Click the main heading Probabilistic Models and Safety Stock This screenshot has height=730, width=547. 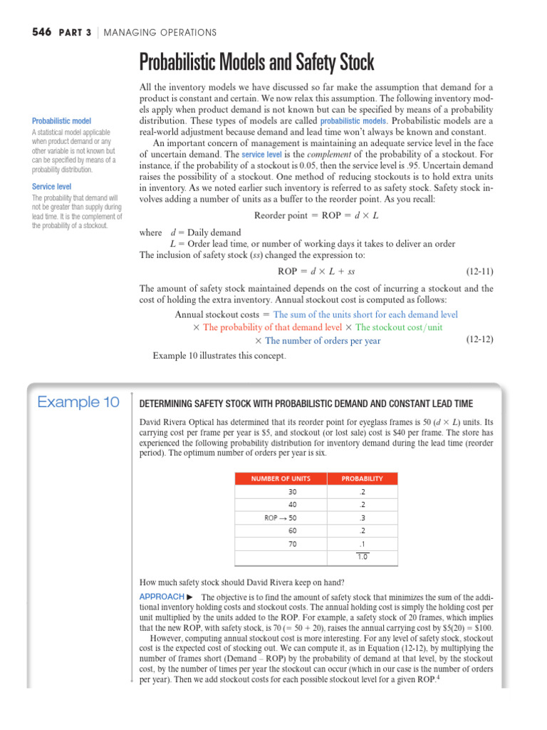[x=256, y=63]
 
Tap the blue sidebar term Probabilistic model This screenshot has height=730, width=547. [x=61, y=121]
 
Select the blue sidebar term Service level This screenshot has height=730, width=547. [x=51, y=187]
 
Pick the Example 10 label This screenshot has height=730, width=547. [x=78, y=403]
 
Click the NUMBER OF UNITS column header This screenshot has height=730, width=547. [x=280, y=478]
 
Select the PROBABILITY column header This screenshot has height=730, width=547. [x=362, y=478]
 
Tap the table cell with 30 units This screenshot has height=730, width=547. [x=292, y=492]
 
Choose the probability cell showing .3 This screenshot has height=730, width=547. [x=362, y=518]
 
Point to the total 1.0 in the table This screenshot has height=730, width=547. [x=362, y=557]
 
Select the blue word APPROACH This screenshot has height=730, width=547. [x=162, y=596]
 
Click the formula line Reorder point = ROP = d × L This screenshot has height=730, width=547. [x=316, y=216]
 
